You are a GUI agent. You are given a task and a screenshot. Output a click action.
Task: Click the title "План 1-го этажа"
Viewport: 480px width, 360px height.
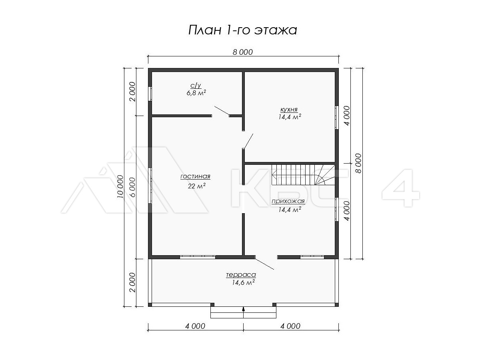(242, 30)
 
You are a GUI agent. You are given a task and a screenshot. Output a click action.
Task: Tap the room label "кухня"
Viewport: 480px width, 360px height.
(289, 109)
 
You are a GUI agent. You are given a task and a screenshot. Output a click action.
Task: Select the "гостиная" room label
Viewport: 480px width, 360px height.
(195, 176)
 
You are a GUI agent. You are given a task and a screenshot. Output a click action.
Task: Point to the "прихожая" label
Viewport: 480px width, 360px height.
(288, 201)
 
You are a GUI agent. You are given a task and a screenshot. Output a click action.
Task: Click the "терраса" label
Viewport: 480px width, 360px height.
(241, 274)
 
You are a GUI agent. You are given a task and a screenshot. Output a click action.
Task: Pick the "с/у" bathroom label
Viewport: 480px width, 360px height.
(196, 86)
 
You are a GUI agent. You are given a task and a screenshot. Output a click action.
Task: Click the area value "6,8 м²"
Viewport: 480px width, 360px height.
(196, 93)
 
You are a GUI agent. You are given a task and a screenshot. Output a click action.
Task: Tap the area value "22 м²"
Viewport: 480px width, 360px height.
(196, 186)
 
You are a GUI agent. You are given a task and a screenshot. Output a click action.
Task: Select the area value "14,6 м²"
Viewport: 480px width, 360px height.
(243, 283)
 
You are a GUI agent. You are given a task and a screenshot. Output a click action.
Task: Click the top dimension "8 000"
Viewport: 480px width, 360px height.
(243, 52)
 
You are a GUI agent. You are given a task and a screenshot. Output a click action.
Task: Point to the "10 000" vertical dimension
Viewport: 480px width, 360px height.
(120, 186)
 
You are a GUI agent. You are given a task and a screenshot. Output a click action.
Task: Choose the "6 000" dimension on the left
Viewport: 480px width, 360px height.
(132, 187)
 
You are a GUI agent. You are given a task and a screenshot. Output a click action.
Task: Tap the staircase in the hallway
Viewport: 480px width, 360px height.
(303, 175)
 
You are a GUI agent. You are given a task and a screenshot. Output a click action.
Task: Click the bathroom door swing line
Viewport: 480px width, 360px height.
(222, 110)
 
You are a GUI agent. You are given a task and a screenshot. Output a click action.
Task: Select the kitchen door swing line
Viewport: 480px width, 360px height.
(249, 141)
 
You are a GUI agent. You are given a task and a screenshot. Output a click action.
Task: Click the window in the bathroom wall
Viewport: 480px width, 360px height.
(150, 94)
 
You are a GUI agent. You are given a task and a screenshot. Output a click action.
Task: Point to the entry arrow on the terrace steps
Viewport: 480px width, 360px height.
(243, 309)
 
